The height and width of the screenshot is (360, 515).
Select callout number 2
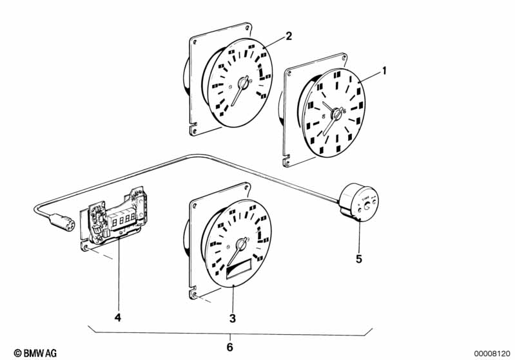tap(289, 36)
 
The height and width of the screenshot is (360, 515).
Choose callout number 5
tap(360, 260)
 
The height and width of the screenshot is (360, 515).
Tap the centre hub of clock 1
tap(336, 114)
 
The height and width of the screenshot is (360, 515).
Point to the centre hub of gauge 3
tap(242, 245)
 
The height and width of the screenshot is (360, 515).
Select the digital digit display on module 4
tap(124, 218)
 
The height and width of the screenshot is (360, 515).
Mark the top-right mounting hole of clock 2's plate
tap(246, 28)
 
